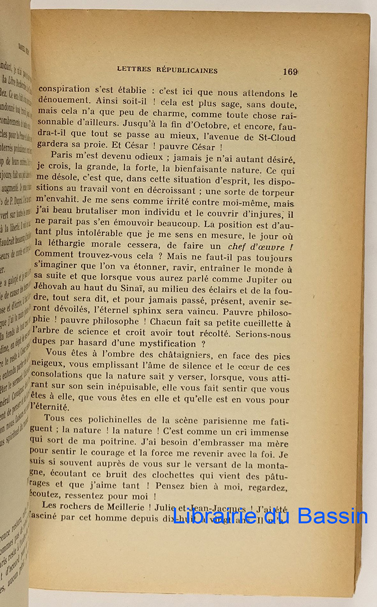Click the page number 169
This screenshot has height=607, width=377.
pos(290,72)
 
